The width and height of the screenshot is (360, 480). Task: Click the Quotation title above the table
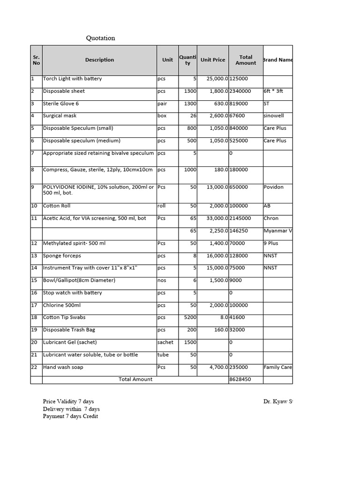click(x=100, y=38)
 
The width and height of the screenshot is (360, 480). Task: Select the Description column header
click(x=99, y=60)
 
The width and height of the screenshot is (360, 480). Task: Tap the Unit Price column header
click(x=212, y=60)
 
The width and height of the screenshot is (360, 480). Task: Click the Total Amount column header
click(x=246, y=60)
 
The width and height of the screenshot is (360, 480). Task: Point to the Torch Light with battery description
click(x=72, y=79)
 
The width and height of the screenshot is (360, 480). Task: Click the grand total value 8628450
click(x=240, y=379)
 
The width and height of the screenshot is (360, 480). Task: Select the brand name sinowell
click(x=274, y=116)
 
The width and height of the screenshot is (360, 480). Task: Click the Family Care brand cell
click(x=277, y=367)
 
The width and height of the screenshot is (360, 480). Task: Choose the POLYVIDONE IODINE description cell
click(x=98, y=190)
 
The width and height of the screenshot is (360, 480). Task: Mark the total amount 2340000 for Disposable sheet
click(x=240, y=91)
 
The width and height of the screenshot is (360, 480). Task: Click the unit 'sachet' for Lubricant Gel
click(x=165, y=343)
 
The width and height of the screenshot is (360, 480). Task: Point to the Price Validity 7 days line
click(x=68, y=402)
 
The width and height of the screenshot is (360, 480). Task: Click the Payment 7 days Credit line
click(x=70, y=417)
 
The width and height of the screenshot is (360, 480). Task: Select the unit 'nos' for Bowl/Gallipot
click(x=162, y=280)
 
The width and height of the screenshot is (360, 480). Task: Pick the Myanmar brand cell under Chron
click(x=277, y=231)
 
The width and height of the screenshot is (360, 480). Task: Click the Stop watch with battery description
click(x=72, y=293)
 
